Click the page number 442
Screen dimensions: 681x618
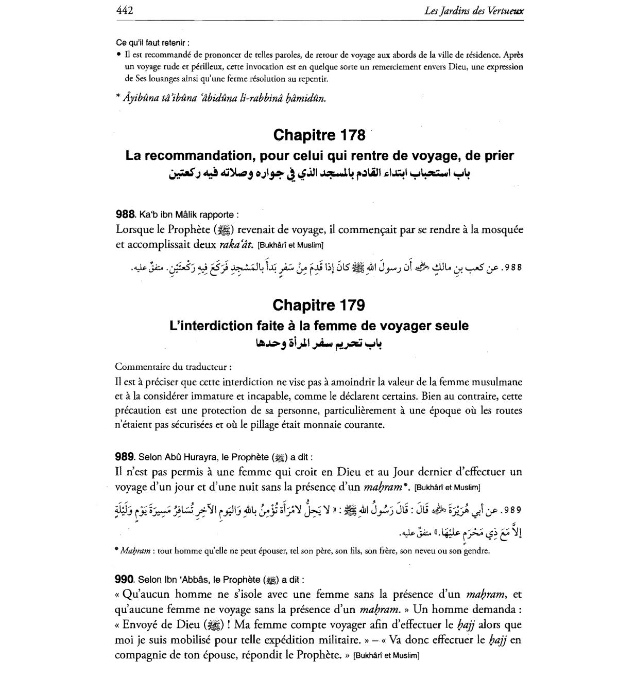(125, 10)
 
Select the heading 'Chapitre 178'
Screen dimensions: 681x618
(319, 135)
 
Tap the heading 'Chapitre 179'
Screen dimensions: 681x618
(319, 305)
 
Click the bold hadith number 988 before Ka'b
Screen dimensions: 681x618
(125, 214)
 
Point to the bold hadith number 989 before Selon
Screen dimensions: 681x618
(125, 457)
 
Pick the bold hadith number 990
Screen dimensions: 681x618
(125, 579)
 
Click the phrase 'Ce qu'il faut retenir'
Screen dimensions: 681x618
(152, 42)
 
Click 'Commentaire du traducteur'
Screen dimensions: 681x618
(173, 367)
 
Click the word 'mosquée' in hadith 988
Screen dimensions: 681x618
(497, 230)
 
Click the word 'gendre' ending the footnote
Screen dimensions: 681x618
(476, 551)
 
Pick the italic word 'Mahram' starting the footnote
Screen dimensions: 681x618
(134, 551)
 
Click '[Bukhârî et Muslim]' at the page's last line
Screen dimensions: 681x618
(386, 656)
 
